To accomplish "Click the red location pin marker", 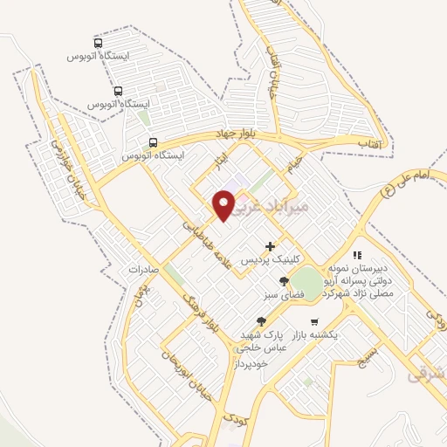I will [224, 204].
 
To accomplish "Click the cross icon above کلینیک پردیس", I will [271, 247].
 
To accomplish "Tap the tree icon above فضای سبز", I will [284, 280].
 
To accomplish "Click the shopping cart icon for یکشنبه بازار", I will [314, 321].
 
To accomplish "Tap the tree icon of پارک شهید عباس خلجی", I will [261, 322].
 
